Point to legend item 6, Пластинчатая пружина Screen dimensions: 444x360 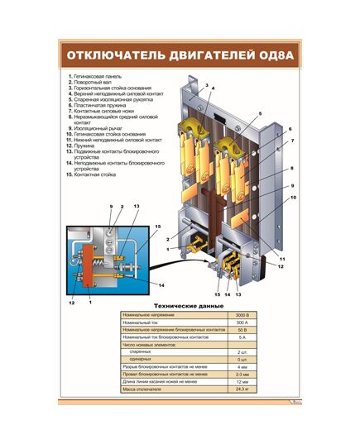[x=99, y=105]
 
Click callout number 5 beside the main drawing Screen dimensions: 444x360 [x=259, y=113]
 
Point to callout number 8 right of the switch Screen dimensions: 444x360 [x=291, y=169]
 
